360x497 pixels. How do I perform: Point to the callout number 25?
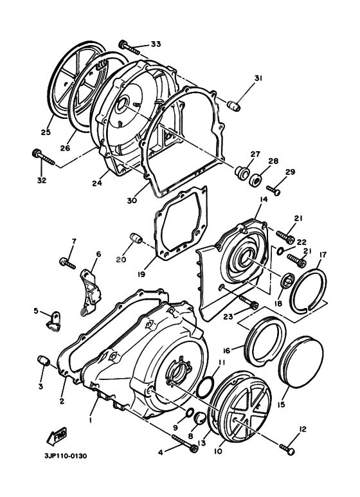46,133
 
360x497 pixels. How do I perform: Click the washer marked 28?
256,179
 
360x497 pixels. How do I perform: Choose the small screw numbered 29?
273,191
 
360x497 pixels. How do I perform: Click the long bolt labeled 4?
183,442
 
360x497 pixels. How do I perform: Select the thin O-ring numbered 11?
204,388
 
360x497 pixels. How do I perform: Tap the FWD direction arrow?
54,438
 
